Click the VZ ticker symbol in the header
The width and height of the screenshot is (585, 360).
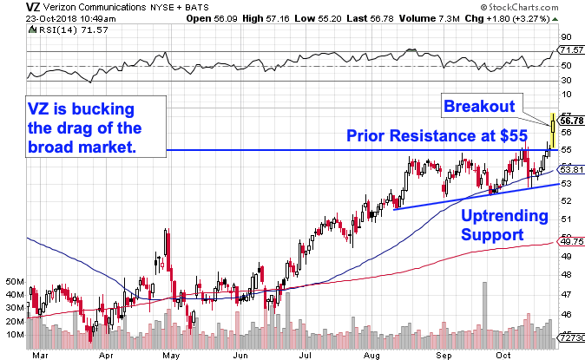point(11,6)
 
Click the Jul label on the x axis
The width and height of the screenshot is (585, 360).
point(305,354)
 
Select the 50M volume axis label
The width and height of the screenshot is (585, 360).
point(13,282)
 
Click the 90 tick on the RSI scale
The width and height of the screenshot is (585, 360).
point(564,37)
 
